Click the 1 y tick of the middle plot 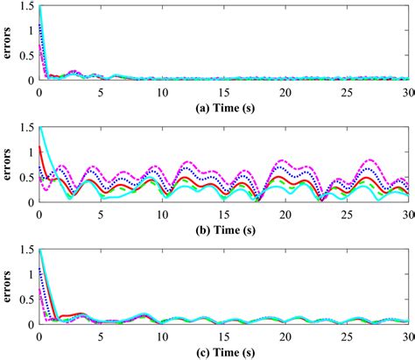(31, 152)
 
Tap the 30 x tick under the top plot (408, 90)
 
